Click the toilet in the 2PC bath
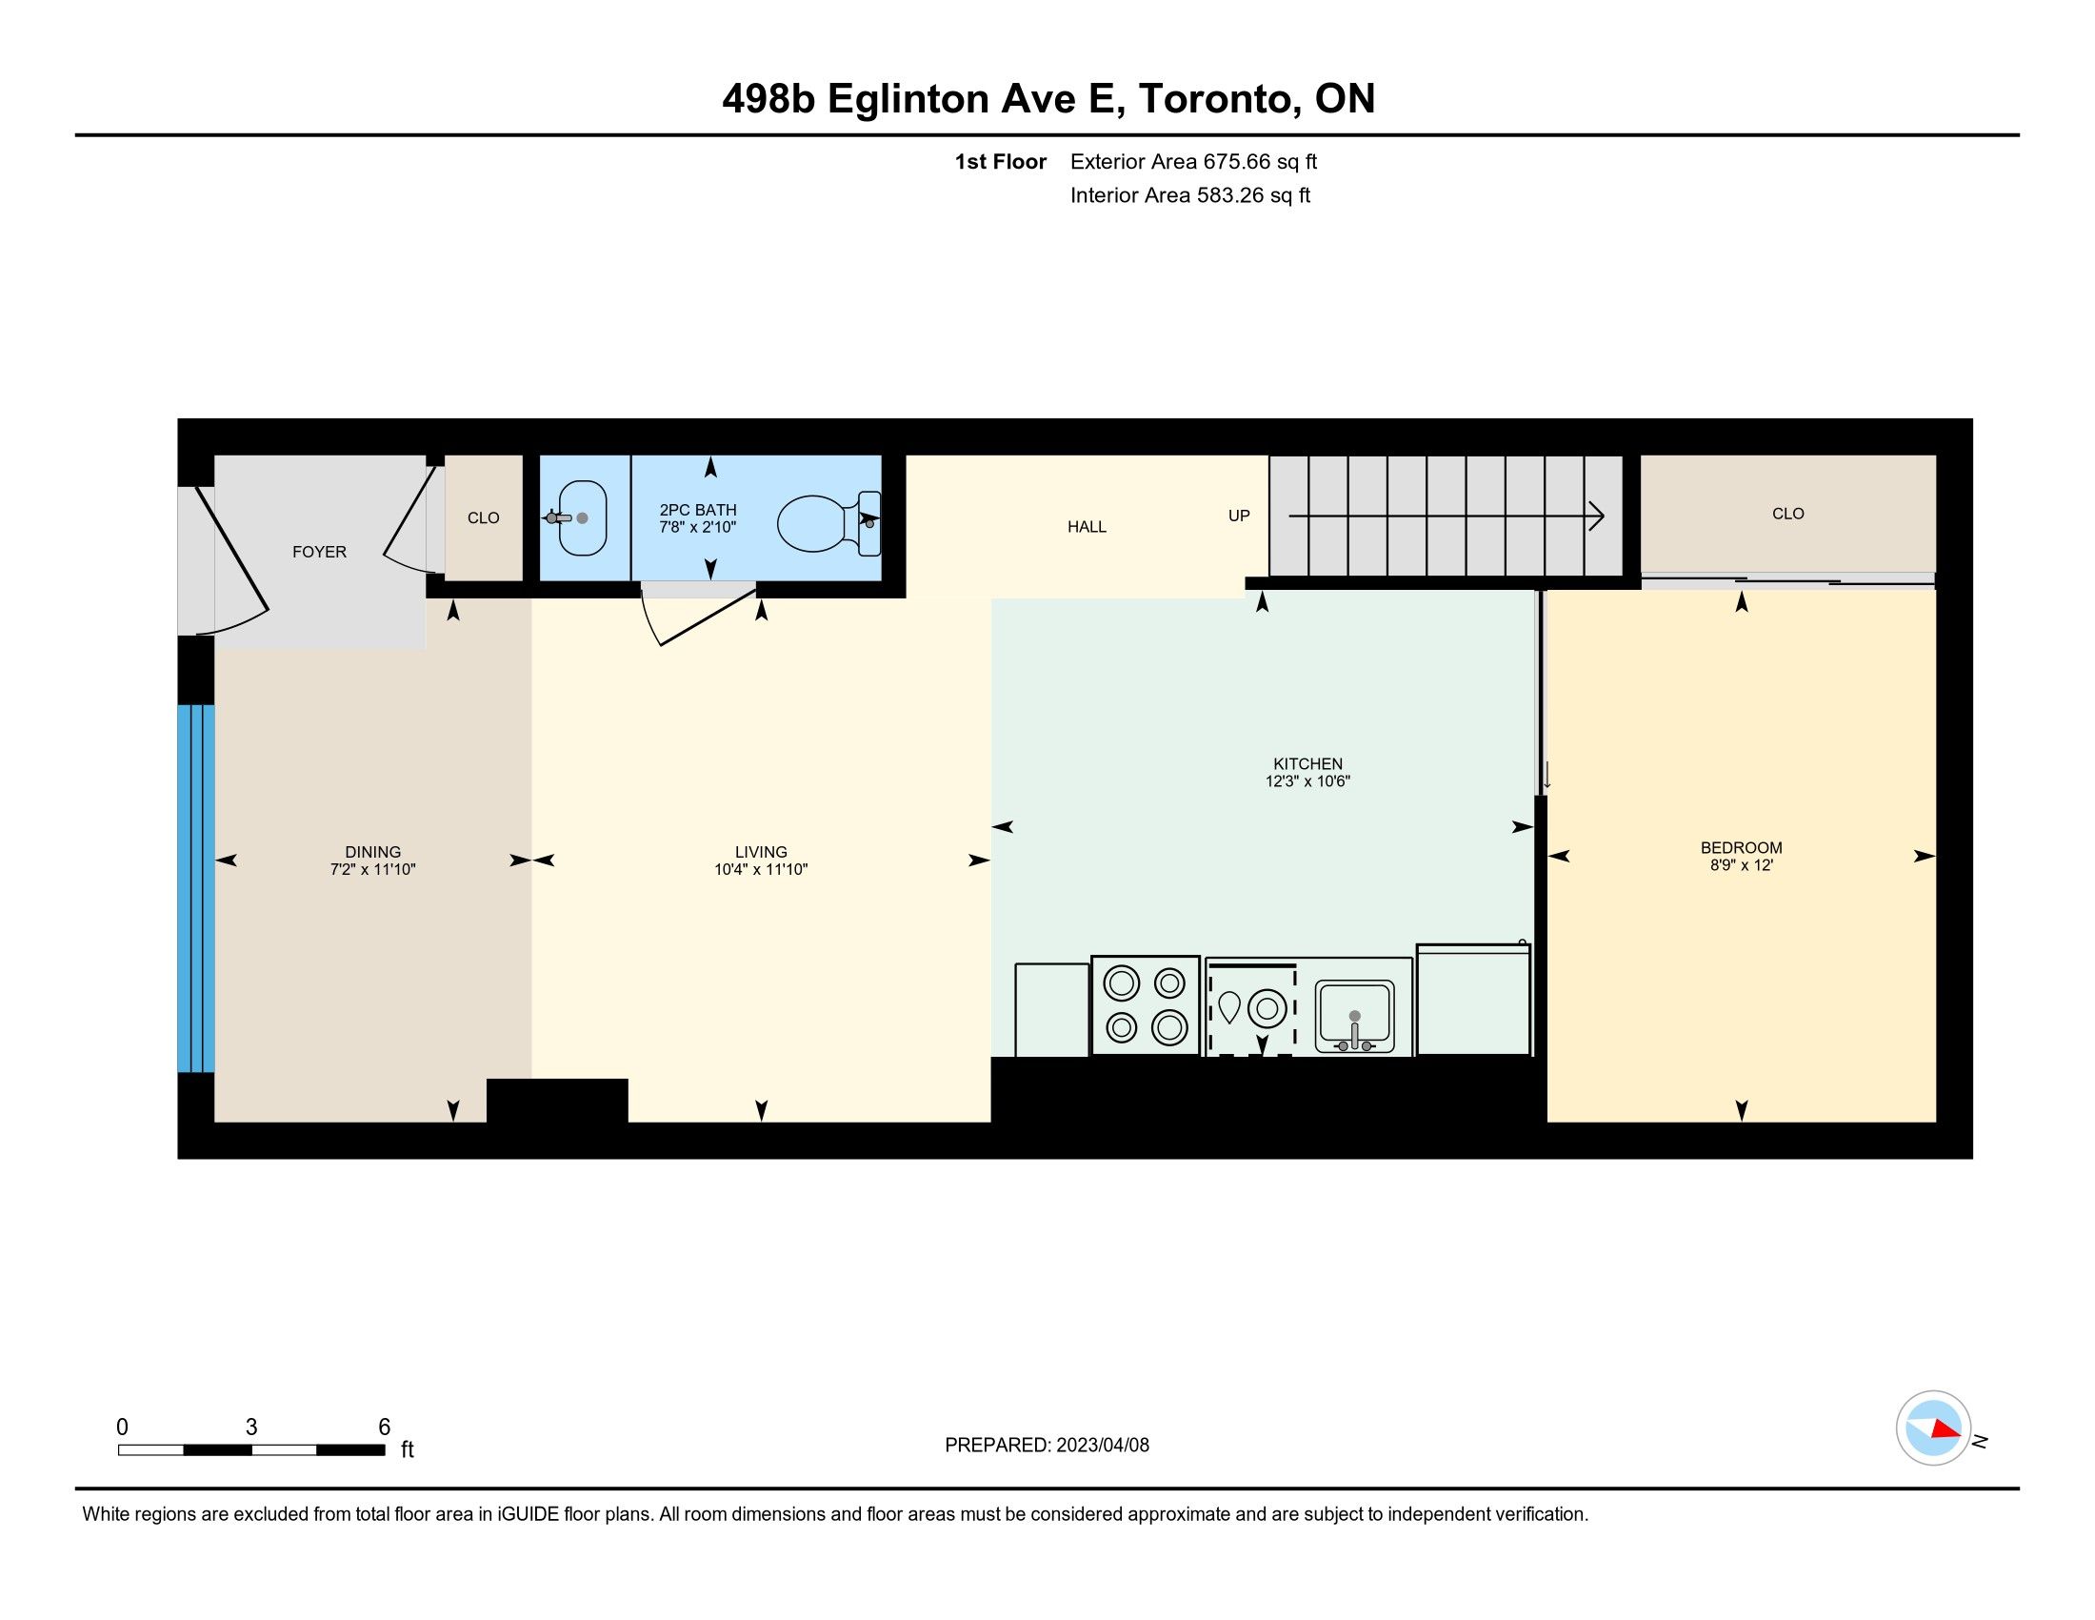click(828, 522)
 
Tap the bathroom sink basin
click(582, 518)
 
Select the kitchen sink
click(1353, 1018)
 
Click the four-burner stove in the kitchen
click(1146, 1005)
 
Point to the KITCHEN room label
click(1307, 764)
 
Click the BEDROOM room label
click(1741, 847)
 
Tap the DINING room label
click(373, 852)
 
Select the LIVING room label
click(761, 852)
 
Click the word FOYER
click(319, 552)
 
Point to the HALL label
click(1087, 527)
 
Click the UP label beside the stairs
click(1238, 516)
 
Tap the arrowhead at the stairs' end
click(1596, 516)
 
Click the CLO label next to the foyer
click(484, 518)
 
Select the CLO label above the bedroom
click(1788, 514)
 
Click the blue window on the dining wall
click(195, 888)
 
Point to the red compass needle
click(1946, 1429)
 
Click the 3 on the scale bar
click(251, 1427)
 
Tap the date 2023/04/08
click(1102, 1446)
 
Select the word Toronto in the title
click(1220, 100)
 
